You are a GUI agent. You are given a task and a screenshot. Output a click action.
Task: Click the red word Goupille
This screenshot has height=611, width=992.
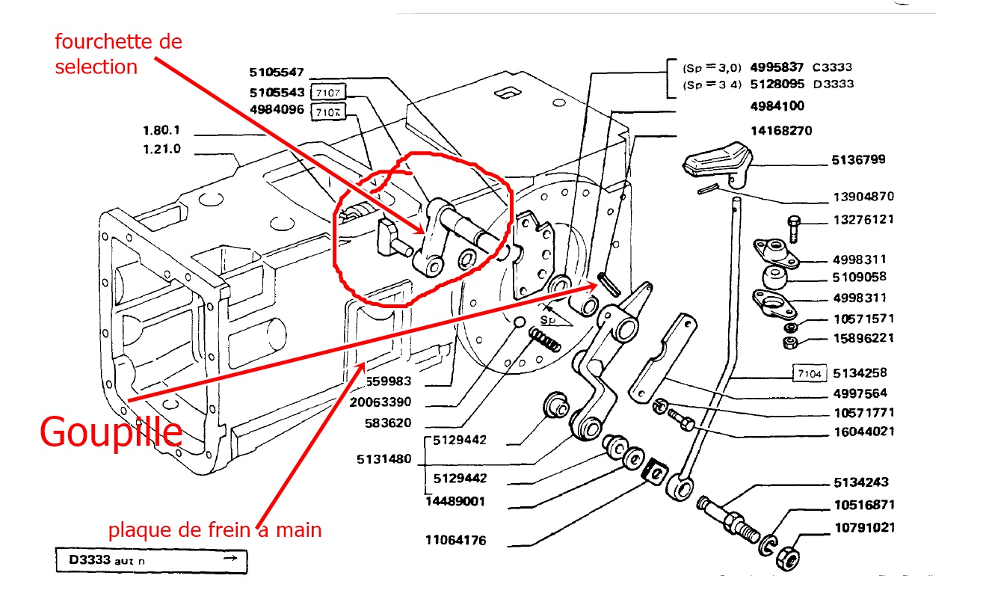111,432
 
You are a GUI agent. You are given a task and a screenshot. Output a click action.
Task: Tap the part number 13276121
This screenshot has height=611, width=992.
863,220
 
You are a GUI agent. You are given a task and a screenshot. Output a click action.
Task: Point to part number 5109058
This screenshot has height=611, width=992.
860,277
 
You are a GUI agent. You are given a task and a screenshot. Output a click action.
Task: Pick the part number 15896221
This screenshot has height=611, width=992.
863,338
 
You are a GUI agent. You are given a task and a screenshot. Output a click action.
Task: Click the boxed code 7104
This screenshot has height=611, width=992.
810,372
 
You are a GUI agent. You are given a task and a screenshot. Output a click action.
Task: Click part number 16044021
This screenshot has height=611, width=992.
863,432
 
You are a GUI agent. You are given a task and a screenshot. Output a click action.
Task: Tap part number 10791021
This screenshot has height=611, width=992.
863,527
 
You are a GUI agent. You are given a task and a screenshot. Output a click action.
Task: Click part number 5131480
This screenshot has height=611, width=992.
383,459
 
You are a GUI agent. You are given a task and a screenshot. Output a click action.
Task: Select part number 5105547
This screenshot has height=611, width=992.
277,73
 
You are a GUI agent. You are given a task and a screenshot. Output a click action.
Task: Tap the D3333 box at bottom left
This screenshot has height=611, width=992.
151,560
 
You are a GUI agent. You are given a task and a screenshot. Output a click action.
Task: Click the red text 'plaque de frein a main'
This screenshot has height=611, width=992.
215,530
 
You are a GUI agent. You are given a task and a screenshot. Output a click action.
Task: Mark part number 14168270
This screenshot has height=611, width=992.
780,131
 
